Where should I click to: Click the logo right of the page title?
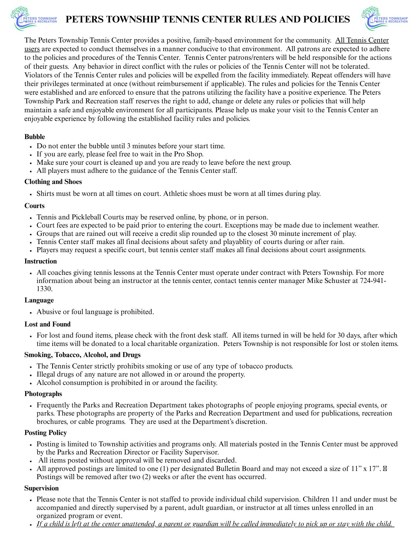(x=384, y=18)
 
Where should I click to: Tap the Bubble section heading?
(x=35, y=137)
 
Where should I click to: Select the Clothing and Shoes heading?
(x=53, y=182)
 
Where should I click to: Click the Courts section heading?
(x=34, y=206)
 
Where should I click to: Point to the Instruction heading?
(x=41, y=261)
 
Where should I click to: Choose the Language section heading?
(x=39, y=300)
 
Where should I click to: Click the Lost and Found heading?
(x=47, y=324)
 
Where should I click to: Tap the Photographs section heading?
(x=43, y=394)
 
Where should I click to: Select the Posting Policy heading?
(x=45, y=433)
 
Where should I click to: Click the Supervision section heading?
(x=41, y=488)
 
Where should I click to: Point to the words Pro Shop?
(x=191, y=154)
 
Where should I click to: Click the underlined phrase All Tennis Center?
(x=362, y=41)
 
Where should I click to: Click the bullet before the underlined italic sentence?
(x=32, y=524)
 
